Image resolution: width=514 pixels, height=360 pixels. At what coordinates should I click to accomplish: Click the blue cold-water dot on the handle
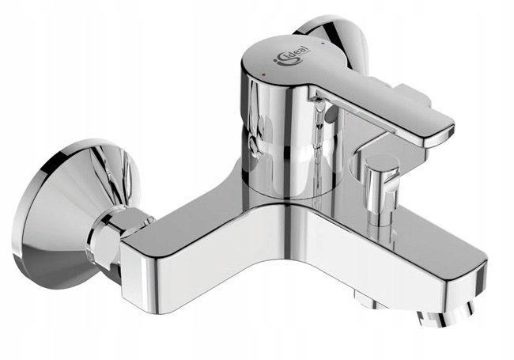(x=323, y=43)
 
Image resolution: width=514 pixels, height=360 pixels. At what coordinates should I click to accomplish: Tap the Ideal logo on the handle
(x=291, y=55)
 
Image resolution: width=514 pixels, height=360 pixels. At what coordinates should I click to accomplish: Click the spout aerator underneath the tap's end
(x=446, y=316)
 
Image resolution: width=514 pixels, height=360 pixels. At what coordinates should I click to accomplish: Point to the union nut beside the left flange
(x=111, y=236)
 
